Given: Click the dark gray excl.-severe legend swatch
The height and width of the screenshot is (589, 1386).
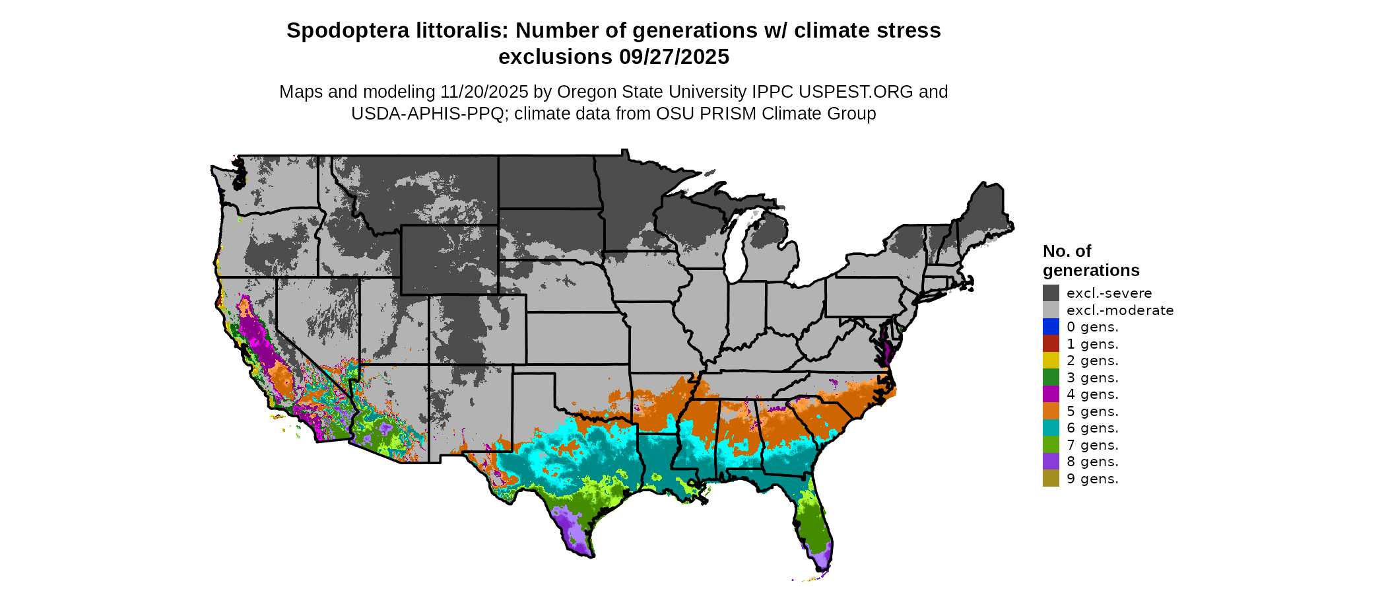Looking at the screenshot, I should point(1051,293).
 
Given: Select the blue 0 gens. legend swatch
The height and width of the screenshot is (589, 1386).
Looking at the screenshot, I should point(1051,327).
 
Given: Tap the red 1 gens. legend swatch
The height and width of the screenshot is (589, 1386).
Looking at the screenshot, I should point(1051,343).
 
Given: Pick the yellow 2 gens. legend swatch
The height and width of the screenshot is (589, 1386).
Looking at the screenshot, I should point(1051,361).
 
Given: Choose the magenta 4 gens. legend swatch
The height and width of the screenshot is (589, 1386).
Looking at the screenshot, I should point(1051,394).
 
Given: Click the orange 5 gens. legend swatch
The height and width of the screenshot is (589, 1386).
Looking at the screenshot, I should point(1051,411).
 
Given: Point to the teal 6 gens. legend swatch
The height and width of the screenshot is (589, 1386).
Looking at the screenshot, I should point(1051,428).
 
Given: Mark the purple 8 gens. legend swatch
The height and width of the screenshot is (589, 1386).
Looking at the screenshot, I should point(1051,462).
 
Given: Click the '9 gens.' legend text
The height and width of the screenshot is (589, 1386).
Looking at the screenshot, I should point(1092,479).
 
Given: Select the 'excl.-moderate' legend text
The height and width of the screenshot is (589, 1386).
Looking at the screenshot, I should point(1120,310).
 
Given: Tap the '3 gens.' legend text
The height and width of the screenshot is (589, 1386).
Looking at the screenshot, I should point(1092,378).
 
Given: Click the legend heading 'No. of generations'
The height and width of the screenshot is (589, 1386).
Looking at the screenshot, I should point(1090,261).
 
